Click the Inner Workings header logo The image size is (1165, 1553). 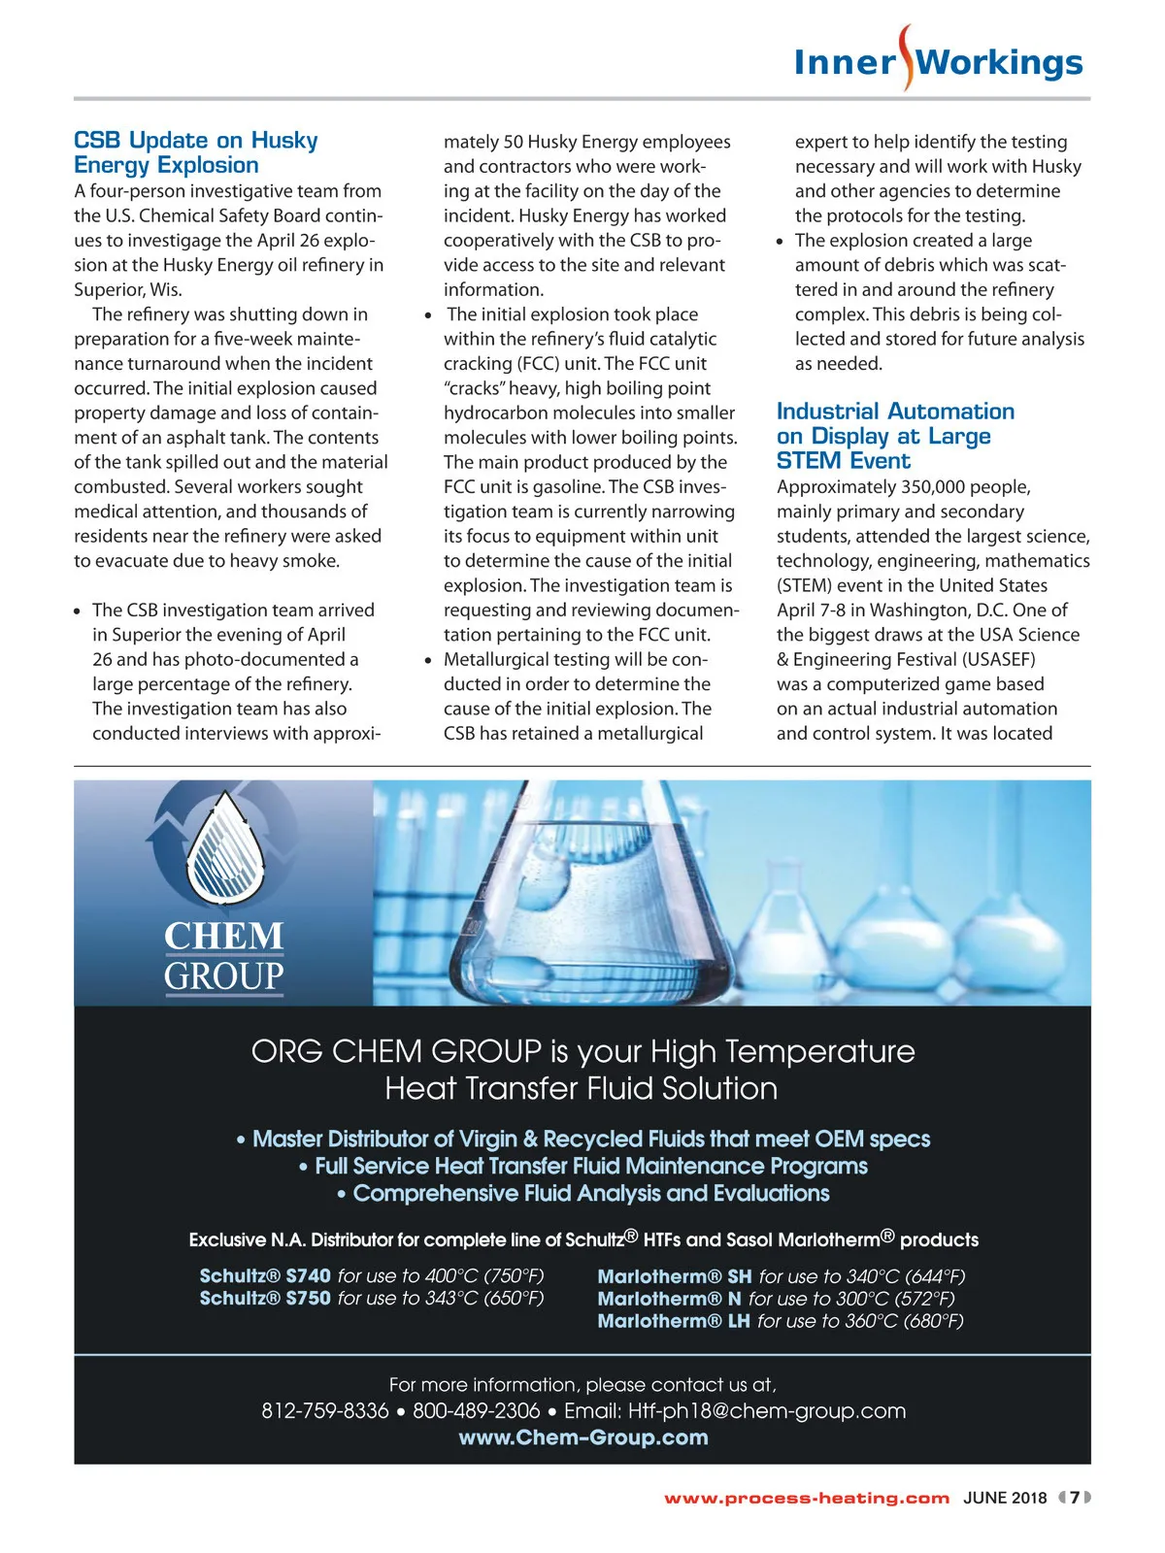click(x=938, y=62)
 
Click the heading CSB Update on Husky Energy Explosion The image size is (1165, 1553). click(x=195, y=152)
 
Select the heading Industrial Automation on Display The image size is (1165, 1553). click(x=894, y=436)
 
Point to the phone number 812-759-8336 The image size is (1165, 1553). click(x=324, y=1411)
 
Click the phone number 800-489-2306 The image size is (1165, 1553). click(x=476, y=1411)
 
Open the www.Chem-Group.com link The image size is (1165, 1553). click(x=582, y=1437)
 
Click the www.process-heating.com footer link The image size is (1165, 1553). click(x=806, y=1498)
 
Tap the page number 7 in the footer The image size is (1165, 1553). click(x=1075, y=1498)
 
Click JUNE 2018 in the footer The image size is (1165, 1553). click(x=1005, y=1498)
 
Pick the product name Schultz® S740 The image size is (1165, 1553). click(x=265, y=1275)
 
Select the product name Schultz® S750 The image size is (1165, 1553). click(x=265, y=1298)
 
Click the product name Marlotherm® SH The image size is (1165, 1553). click(x=674, y=1276)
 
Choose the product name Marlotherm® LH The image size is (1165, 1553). click(x=673, y=1321)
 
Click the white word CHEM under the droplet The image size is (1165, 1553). click(x=223, y=936)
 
